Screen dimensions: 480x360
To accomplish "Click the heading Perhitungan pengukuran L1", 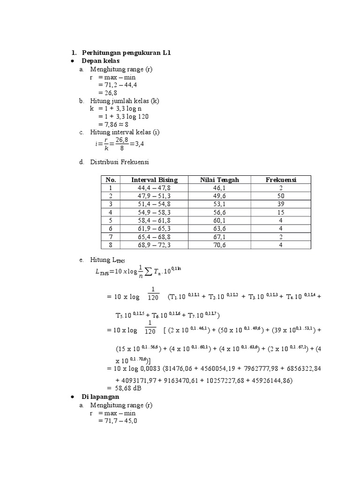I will pyautogui.click(x=126, y=52).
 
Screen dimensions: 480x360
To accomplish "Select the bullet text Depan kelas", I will pyautogui.click(x=100, y=61).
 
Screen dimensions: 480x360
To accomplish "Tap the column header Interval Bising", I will pyautogui.click(x=154, y=180).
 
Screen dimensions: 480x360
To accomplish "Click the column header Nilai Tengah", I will pyautogui.click(x=219, y=180).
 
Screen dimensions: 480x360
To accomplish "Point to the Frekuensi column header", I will pyautogui.click(x=281, y=180).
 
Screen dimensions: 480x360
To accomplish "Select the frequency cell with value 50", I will pyautogui.click(x=281, y=195).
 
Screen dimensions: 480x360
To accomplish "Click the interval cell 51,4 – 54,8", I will pyautogui.click(x=154, y=204).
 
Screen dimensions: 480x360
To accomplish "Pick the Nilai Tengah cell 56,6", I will pyautogui.click(x=219, y=212).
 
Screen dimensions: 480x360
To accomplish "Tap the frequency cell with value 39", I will pyautogui.click(x=281, y=204).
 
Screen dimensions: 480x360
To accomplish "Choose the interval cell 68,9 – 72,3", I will pyautogui.click(x=154, y=244).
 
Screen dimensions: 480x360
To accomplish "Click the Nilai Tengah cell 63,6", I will pyautogui.click(x=219, y=228).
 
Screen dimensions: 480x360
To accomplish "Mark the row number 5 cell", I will pyautogui.click(x=111, y=220).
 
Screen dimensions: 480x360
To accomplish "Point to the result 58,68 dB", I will pyautogui.click(x=124, y=389).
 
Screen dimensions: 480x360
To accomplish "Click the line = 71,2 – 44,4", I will pyautogui.click(x=117, y=85).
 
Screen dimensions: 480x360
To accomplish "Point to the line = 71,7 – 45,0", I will pyautogui.click(x=117, y=421).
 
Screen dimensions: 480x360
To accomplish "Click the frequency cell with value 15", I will pyautogui.click(x=281, y=212).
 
